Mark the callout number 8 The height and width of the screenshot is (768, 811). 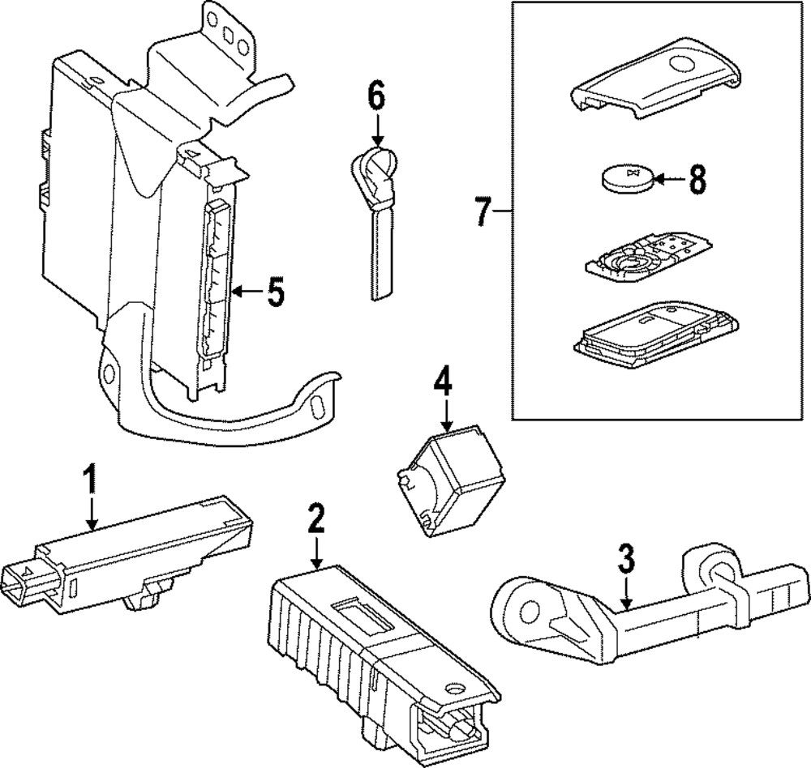(x=696, y=181)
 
